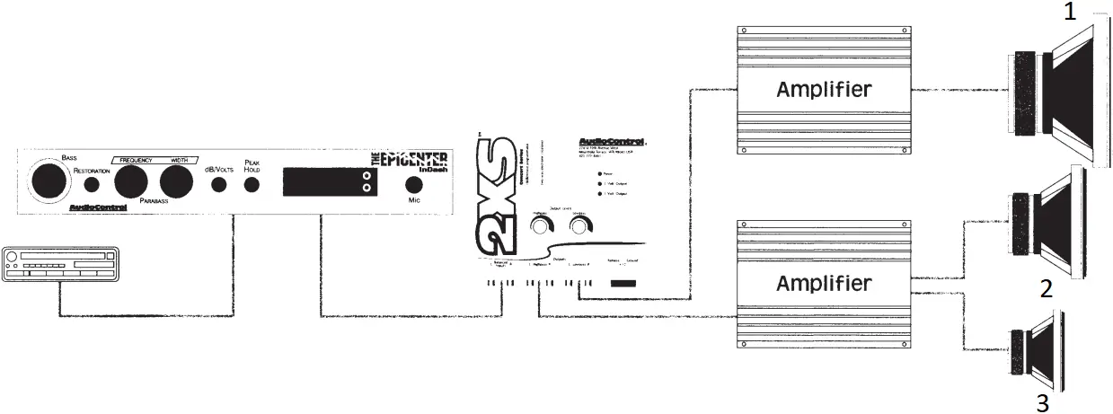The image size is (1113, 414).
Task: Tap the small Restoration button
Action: pyautogui.click(x=92, y=185)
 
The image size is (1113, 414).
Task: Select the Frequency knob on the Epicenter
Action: pyautogui.click(x=131, y=182)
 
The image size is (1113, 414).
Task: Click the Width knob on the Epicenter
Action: pyautogui.click(x=177, y=182)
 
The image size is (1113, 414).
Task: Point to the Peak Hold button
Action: pyautogui.click(x=252, y=185)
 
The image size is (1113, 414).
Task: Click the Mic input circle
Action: pyautogui.click(x=414, y=184)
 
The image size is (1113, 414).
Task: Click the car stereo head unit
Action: pyautogui.click(x=60, y=266)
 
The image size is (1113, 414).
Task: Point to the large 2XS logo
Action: pyautogui.click(x=496, y=198)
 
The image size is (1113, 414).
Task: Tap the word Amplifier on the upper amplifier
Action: pyautogui.click(x=823, y=90)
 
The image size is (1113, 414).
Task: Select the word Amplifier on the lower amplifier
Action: pyautogui.click(x=823, y=284)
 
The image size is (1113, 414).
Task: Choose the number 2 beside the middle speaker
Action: pyautogui.click(x=1045, y=289)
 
